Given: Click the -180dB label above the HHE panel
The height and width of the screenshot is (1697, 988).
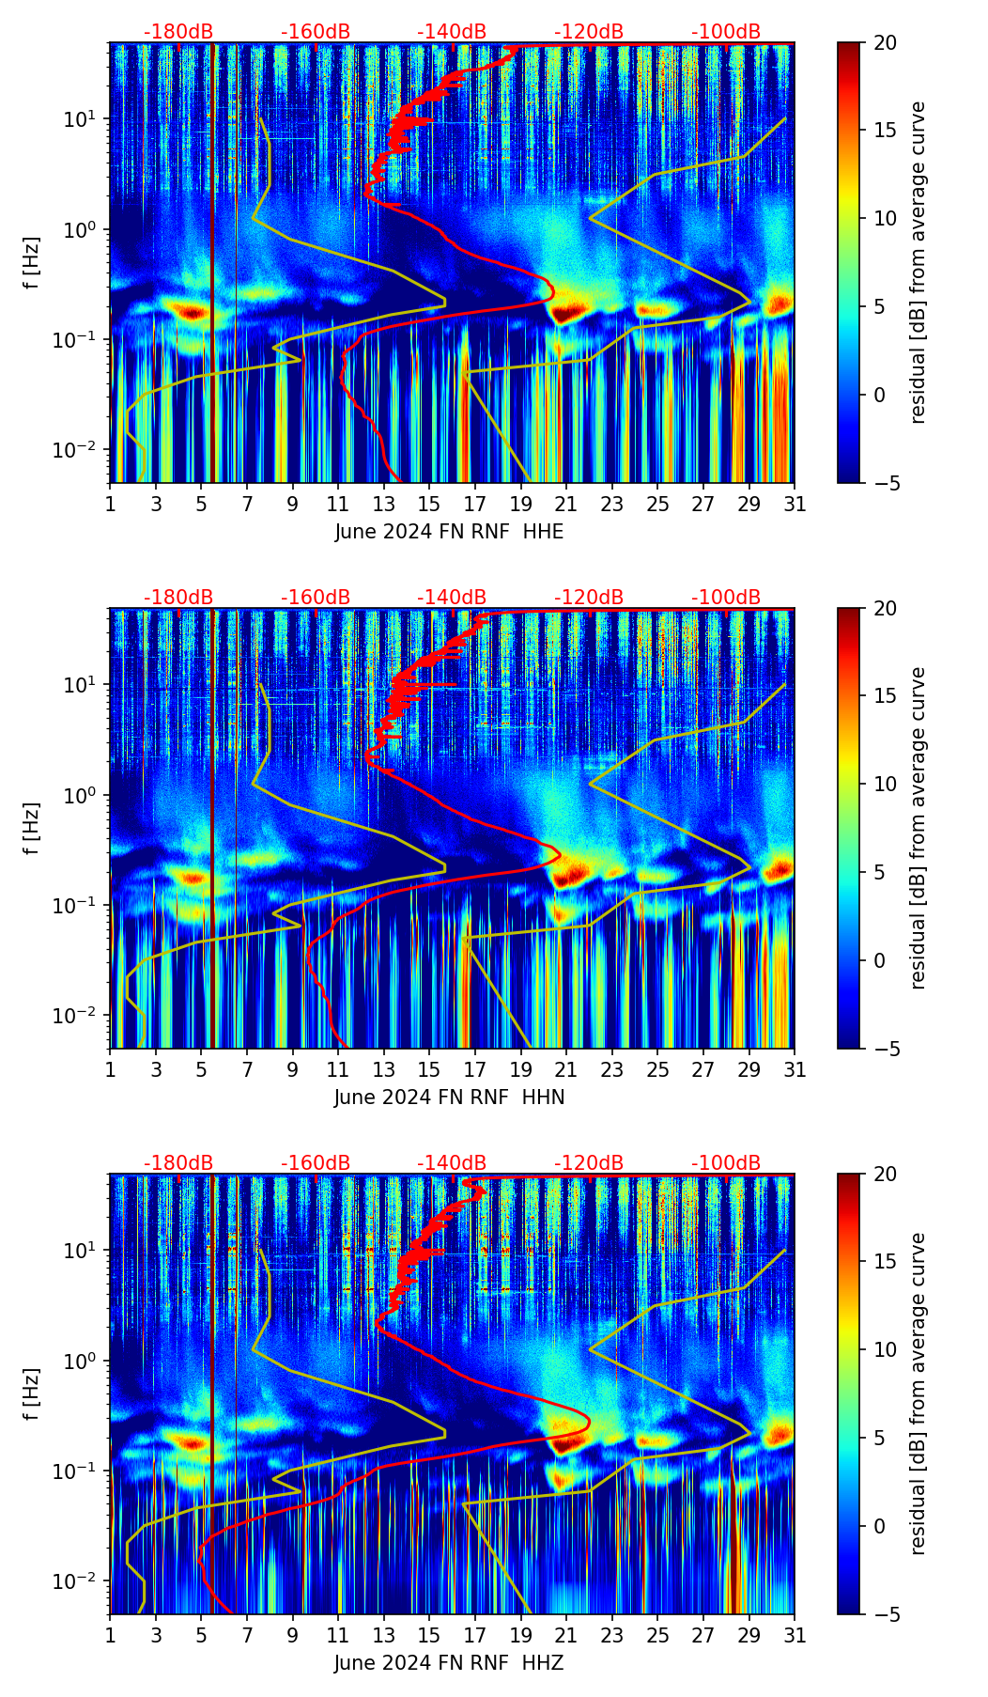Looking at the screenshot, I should tap(178, 32).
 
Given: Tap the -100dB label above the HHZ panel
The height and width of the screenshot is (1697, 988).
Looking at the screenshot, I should tap(726, 1163).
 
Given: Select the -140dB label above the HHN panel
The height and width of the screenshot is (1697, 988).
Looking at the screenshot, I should tap(452, 598).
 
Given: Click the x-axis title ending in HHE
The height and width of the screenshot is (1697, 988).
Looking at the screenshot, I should tap(449, 532).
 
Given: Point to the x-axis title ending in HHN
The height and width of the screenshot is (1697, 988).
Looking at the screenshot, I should tap(449, 1098).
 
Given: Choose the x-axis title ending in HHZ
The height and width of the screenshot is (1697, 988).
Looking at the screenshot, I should tap(449, 1663).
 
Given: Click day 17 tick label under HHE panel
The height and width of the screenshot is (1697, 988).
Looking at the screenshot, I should tap(474, 505).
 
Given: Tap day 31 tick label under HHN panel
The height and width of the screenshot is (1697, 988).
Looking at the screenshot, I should tap(795, 1070).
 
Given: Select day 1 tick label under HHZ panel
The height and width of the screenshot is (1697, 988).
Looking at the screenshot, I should tap(111, 1636).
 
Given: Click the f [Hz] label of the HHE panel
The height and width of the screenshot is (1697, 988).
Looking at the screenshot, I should tap(32, 263).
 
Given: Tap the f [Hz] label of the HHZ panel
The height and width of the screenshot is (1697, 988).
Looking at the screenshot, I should tap(32, 1394).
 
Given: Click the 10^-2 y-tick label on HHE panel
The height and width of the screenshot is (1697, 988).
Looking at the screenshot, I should tap(80, 451).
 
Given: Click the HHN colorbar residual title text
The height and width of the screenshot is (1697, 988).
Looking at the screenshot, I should tap(919, 828).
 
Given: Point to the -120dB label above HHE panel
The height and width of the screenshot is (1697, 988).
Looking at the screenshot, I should tap(589, 32).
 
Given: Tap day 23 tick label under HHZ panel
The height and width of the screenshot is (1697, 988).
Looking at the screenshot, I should tap(611, 1636).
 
